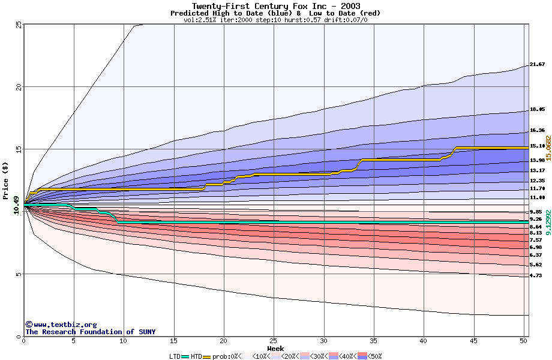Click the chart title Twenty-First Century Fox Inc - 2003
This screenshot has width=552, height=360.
(276, 6)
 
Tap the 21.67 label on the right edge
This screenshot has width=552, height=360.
(537, 64)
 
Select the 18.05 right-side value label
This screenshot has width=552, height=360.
(537, 110)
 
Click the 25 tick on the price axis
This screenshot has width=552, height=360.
(19, 25)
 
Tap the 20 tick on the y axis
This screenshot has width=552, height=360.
(19, 87)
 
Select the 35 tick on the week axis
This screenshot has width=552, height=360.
(373, 341)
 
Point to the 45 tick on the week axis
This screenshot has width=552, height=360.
(473, 341)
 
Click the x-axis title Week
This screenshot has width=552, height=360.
(275, 349)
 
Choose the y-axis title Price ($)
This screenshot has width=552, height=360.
(6, 181)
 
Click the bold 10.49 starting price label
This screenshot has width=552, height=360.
(16, 205)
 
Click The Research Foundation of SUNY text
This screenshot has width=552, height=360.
(90, 332)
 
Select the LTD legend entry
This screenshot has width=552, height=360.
(175, 356)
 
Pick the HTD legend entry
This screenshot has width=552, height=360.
(196, 356)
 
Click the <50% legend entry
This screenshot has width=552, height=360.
(374, 356)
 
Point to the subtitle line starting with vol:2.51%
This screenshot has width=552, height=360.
(275, 20)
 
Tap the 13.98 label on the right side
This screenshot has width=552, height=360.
(537, 160)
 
